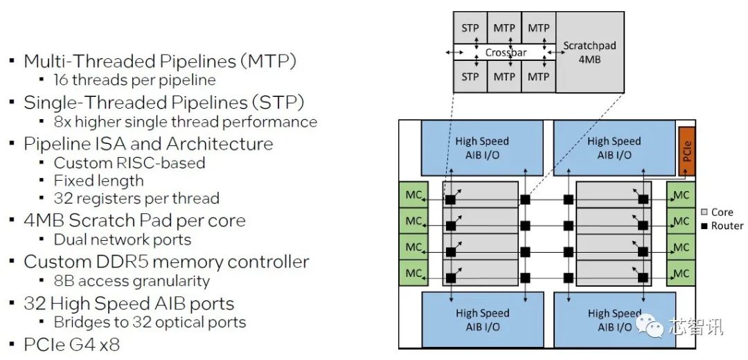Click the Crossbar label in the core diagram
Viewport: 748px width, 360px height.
506,53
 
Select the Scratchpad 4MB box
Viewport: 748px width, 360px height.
589,52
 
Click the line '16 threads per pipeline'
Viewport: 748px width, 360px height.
134,80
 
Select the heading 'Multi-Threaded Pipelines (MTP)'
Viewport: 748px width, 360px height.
160,61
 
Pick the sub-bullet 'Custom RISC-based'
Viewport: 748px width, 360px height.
130,163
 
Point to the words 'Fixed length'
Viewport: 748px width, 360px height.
99,181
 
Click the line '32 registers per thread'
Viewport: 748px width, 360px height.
136,199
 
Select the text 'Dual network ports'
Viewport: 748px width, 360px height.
123,240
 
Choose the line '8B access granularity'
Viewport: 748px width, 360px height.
132,281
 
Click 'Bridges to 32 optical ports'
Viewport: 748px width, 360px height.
150,322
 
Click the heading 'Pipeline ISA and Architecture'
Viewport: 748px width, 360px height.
148,144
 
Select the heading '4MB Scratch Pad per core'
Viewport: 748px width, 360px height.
134,221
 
